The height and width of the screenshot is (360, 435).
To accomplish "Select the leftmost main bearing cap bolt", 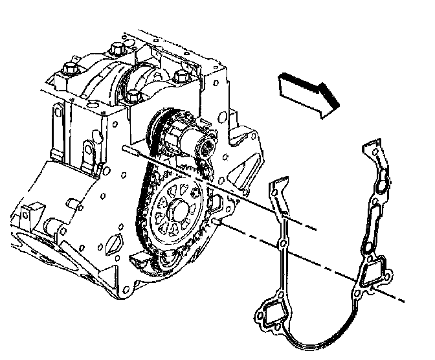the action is coord(69,67).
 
